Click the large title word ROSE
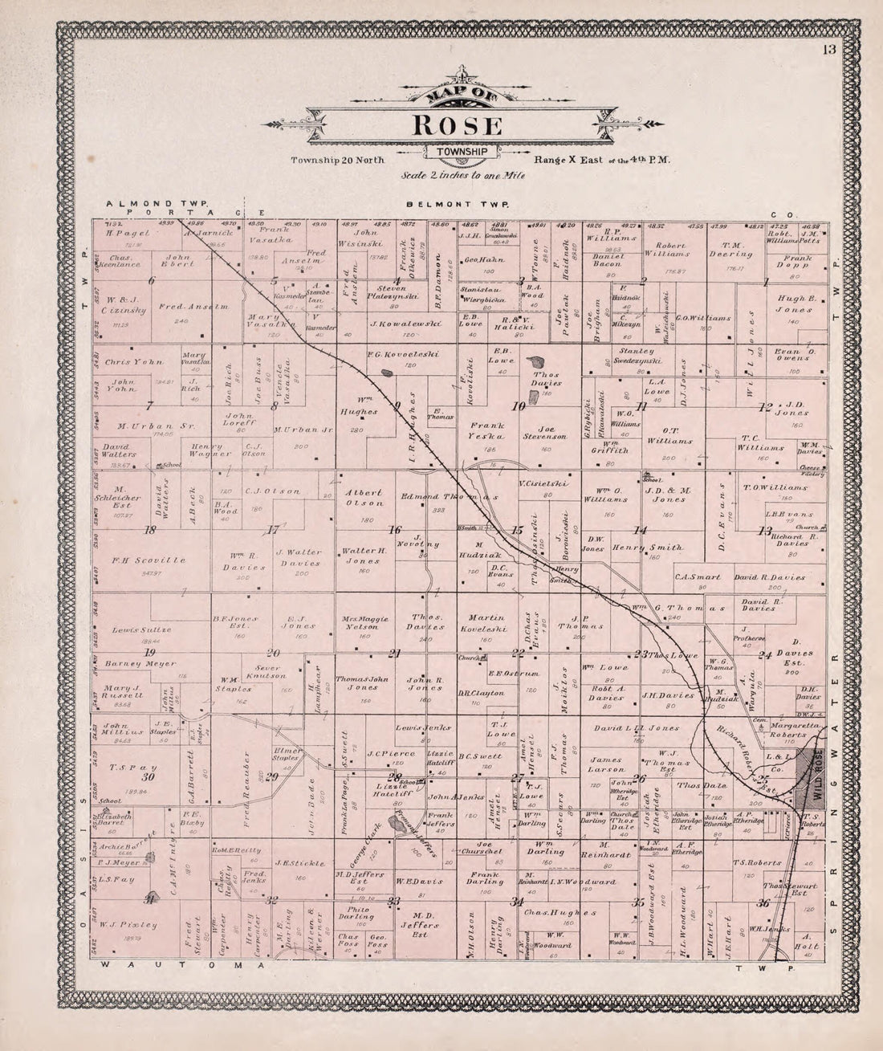458,126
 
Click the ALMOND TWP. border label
157,205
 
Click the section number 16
395,530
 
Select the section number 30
148,777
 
